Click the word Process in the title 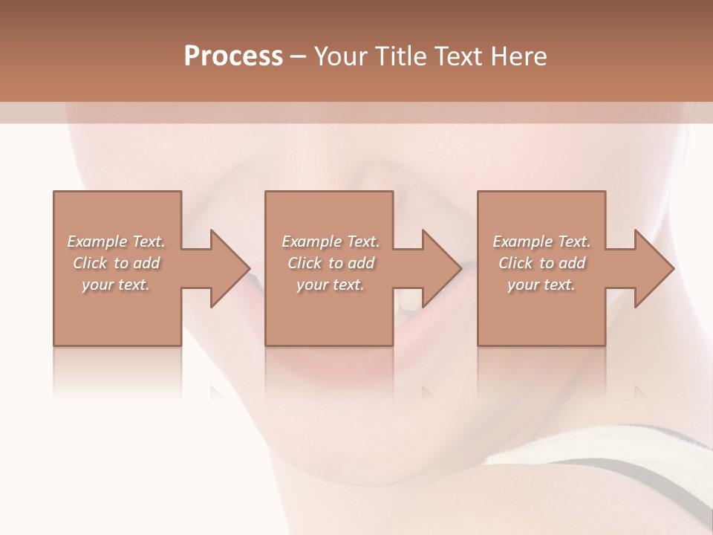(233, 56)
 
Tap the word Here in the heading (518, 56)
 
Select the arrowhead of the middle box (440, 268)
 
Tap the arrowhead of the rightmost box (652, 268)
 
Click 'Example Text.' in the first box (117, 241)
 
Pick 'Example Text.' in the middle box (331, 241)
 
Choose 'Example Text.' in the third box (541, 241)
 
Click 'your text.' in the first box (116, 285)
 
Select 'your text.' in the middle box (330, 285)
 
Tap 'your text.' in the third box (541, 285)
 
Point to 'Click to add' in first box (117, 263)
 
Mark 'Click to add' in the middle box (331, 263)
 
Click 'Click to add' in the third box (541, 263)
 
